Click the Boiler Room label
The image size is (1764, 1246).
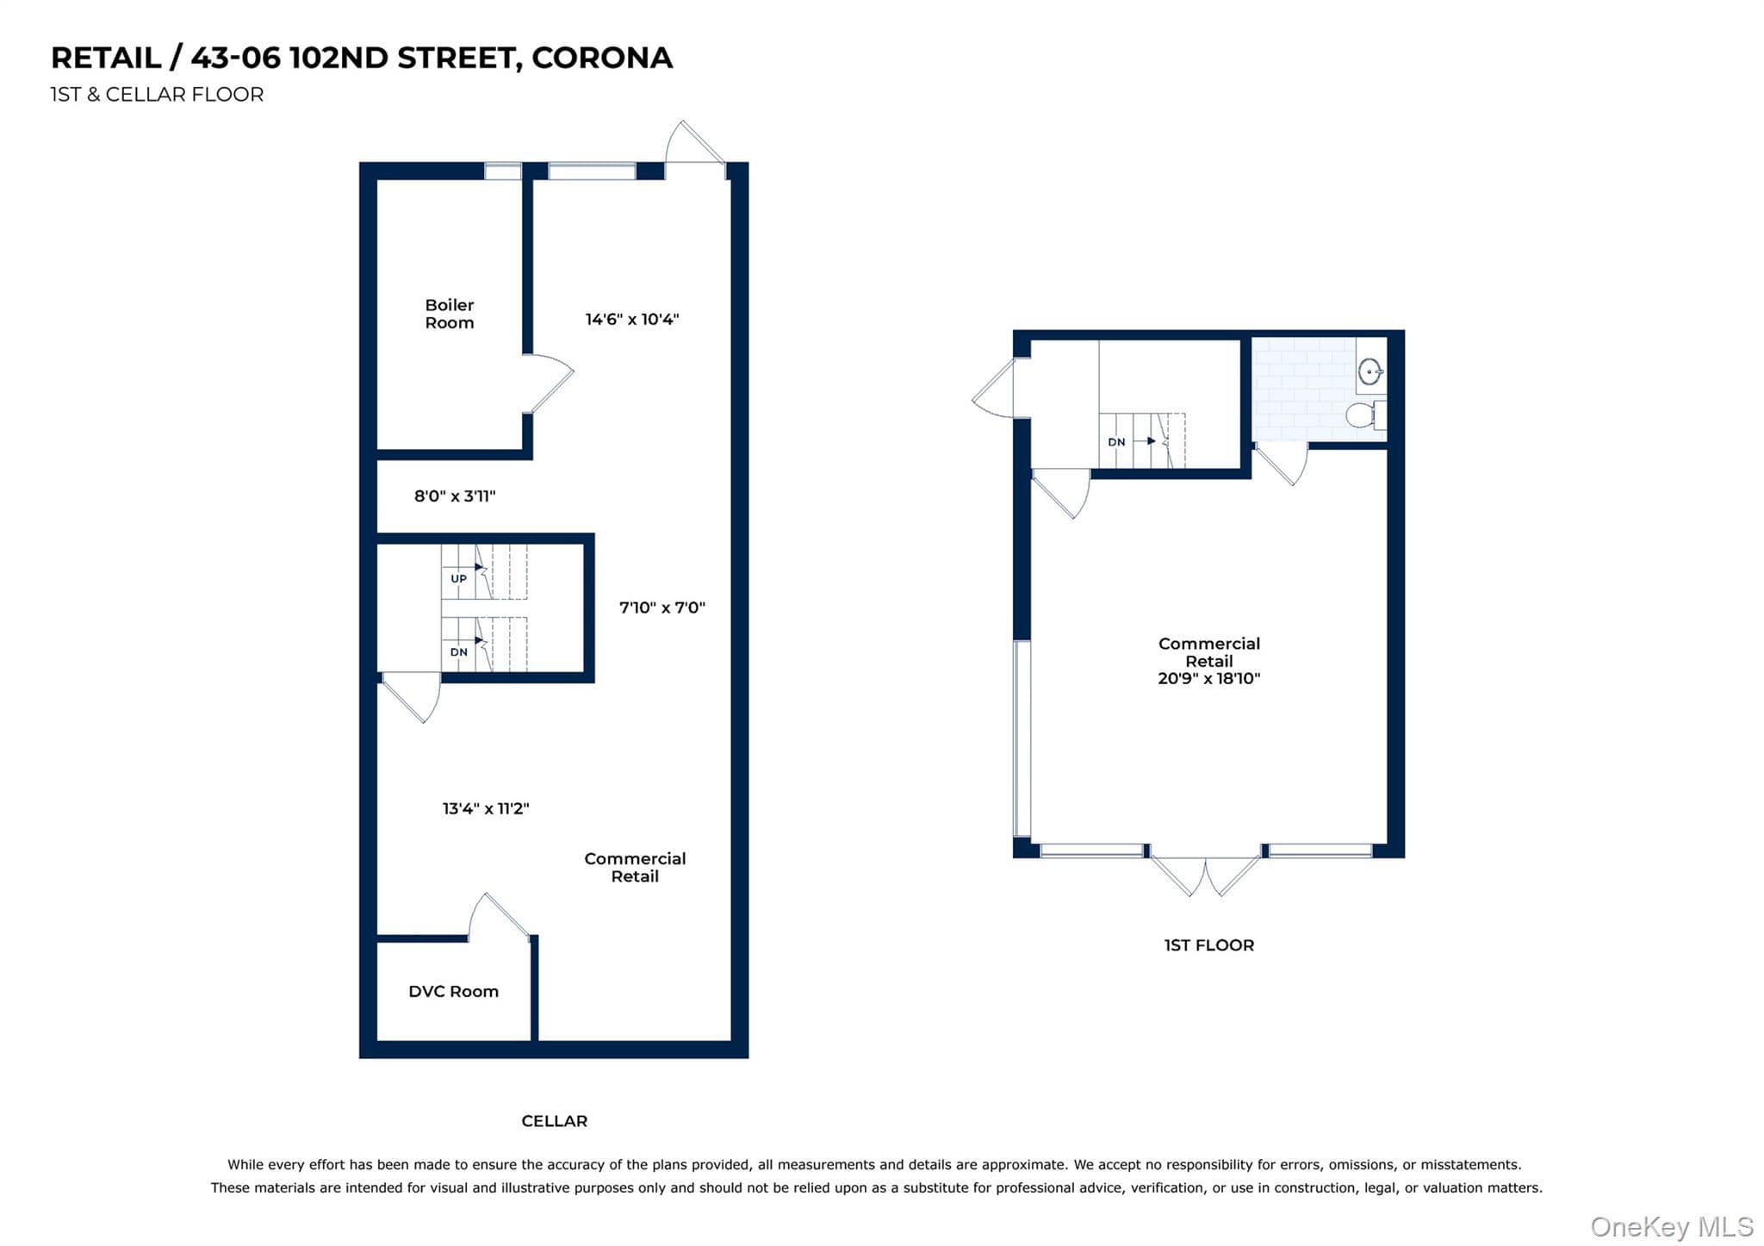coord(450,314)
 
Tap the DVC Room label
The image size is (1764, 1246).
coord(453,991)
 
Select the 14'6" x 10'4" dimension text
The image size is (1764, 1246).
coord(632,319)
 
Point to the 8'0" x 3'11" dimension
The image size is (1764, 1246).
coord(455,495)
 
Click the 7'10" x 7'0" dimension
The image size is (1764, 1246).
coord(662,607)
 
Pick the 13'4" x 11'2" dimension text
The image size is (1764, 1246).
coord(486,808)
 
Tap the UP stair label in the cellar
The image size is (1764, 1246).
coord(458,579)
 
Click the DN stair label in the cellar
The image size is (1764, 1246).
coord(459,652)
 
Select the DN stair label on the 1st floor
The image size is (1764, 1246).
coord(1116,442)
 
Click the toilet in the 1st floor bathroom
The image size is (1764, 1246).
coord(1365,415)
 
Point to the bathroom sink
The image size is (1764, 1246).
coord(1370,372)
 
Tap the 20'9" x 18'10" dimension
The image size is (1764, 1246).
coord(1208,678)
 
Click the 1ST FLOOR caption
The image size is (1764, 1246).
coord(1208,945)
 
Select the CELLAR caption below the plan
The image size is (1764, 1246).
coord(554,1121)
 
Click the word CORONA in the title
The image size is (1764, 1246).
coord(602,58)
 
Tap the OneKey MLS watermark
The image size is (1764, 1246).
coord(1672,1226)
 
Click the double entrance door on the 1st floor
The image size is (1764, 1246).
coord(1205,875)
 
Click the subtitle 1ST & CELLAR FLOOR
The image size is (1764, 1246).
coord(157,95)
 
